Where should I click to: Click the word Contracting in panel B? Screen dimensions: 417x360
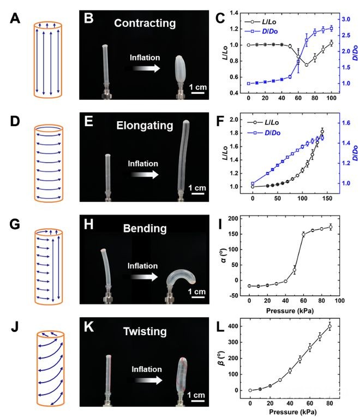coord(145,23)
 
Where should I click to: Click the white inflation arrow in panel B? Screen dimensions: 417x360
coord(146,68)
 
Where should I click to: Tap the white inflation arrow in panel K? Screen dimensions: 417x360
coord(146,382)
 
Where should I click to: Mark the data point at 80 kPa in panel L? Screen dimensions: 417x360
coord(329,327)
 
